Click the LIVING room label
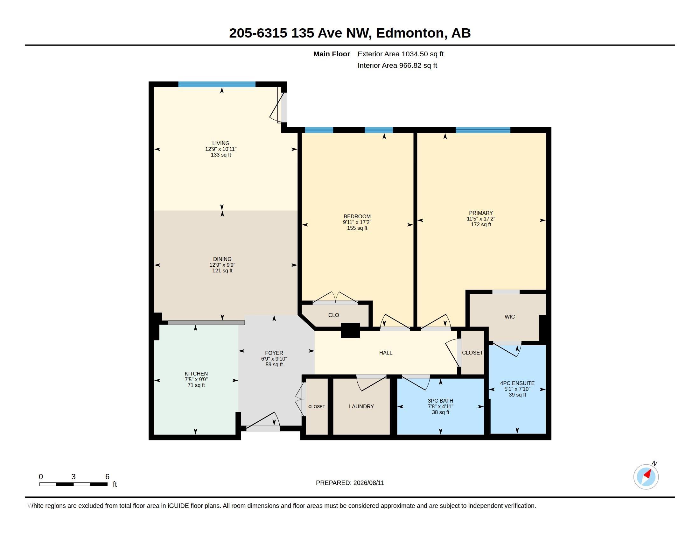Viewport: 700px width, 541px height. tap(221, 143)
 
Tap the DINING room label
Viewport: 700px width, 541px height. tap(222, 259)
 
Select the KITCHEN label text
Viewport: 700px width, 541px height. tap(196, 374)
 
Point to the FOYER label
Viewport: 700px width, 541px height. tap(274, 353)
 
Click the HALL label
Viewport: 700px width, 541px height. tap(386, 353)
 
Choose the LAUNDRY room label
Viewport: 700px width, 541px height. tap(361, 406)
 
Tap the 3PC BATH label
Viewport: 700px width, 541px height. tap(440, 401)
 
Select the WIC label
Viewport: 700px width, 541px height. tap(510, 317)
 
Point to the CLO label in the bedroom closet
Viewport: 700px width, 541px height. tap(334, 315)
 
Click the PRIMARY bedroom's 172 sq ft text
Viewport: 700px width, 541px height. tap(481, 224)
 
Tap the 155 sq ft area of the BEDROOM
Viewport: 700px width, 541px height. tap(357, 228)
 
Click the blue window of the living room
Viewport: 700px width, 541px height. tap(217, 84)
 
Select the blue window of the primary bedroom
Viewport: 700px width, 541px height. tap(483, 130)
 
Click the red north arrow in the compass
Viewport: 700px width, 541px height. tap(648, 474)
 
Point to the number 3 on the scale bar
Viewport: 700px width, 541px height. tap(73, 477)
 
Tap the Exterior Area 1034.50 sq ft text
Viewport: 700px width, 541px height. tap(400, 54)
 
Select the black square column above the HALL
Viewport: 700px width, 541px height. tap(350, 330)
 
